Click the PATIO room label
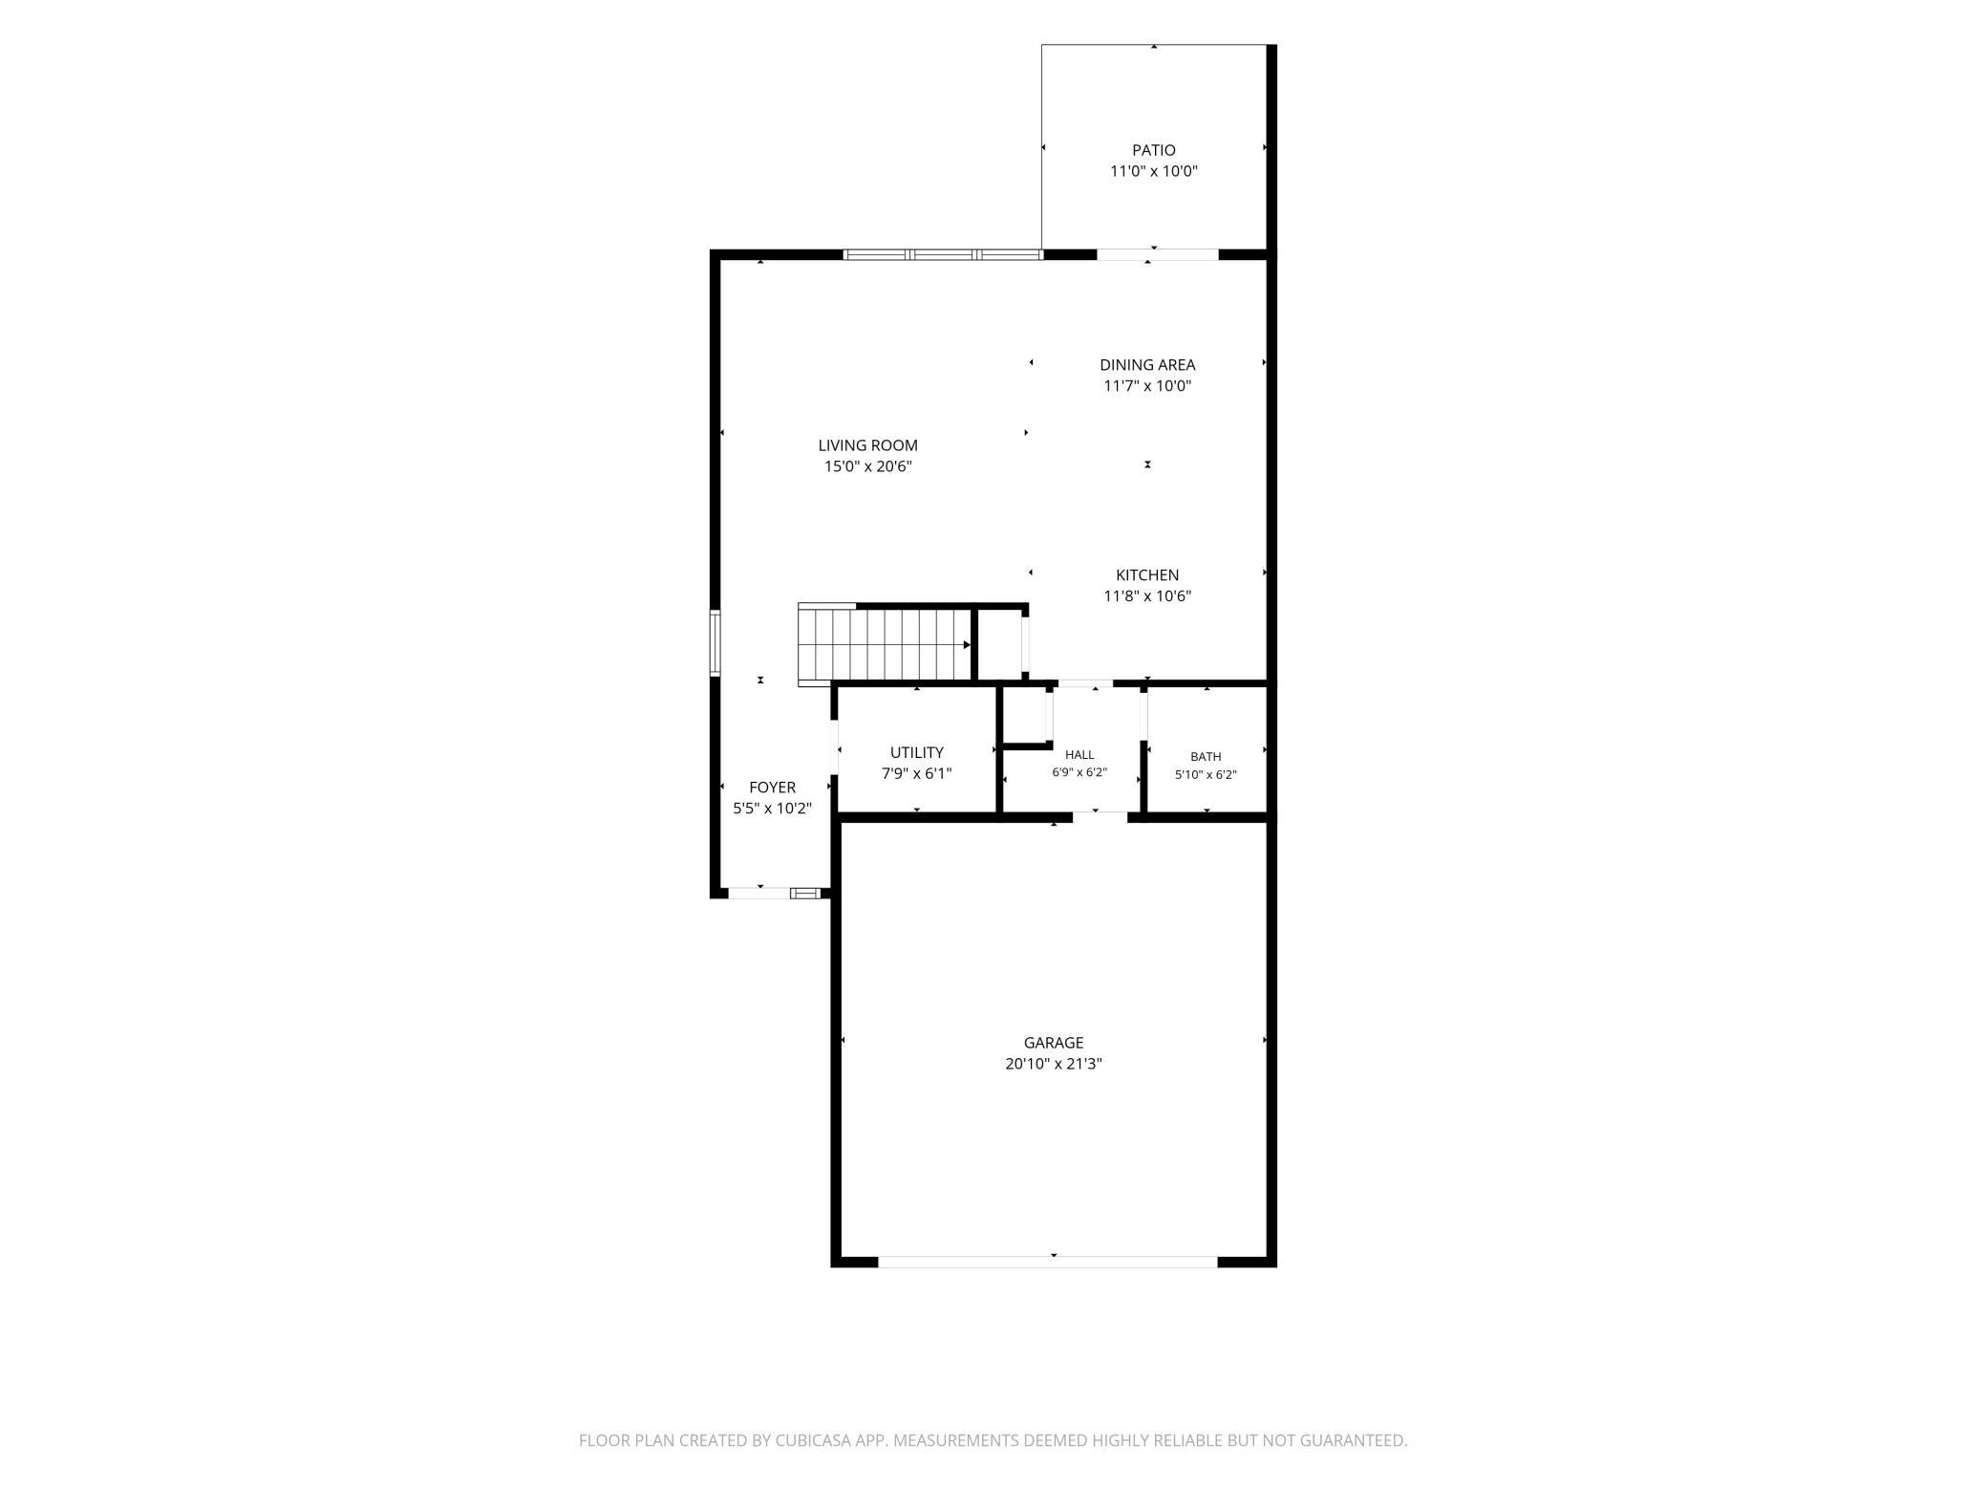click(1153, 150)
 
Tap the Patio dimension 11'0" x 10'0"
click(1153, 172)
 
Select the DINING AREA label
click(1147, 364)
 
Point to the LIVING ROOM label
click(867, 445)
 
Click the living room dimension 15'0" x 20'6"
click(867, 466)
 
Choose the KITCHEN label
click(1147, 574)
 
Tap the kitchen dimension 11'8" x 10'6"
click(1147, 596)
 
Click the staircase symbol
click(886, 645)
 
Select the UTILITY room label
click(916, 752)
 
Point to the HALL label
click(1079, 755)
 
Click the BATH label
click(1206, 757)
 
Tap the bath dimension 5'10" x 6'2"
click(1206, 775)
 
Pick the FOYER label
click(772, 788)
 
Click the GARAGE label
click(1054, 1043)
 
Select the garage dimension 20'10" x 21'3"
click(1054, 1064)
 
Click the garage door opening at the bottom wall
click(1048, 1262)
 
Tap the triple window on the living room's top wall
click(943, 254)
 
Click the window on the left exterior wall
click(715, 643)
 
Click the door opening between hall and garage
click(1100, 816)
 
